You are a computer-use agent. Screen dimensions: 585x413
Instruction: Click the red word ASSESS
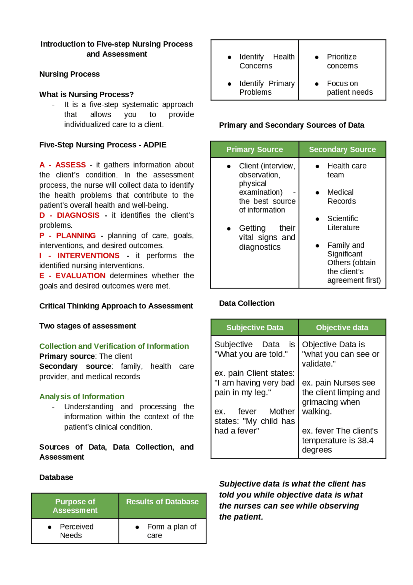click(70, 165)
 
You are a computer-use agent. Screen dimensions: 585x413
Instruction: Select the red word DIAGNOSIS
click(78, 215)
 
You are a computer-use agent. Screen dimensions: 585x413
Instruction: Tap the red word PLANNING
click(76, 235)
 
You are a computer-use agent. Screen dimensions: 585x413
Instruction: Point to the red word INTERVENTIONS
click(88, 256)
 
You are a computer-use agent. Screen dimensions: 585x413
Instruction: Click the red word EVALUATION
click(80, 276)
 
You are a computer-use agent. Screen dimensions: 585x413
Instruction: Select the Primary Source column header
click(255, 150)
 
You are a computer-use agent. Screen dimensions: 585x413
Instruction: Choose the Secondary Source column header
click(342, 150)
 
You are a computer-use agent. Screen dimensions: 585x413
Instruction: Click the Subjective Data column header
click(255, 328)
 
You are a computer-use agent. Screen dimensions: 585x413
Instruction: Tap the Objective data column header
click(342, 328)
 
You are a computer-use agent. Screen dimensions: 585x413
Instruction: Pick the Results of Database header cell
click(162, 502)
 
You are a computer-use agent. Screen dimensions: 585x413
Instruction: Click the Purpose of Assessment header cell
click(75, 506)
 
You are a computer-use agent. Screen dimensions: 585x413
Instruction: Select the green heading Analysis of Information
click(82, 396)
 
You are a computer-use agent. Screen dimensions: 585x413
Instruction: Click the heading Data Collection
click(247, 303)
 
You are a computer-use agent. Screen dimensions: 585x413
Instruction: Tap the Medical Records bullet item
click(341, 197)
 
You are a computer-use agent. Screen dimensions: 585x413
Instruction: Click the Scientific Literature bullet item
click(343, 223)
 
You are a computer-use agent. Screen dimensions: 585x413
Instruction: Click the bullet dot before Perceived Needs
click(50, 527)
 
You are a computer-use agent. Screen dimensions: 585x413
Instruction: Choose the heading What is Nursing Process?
click(86, 94)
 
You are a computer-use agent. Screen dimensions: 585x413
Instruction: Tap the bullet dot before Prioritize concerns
click(317, 57)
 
